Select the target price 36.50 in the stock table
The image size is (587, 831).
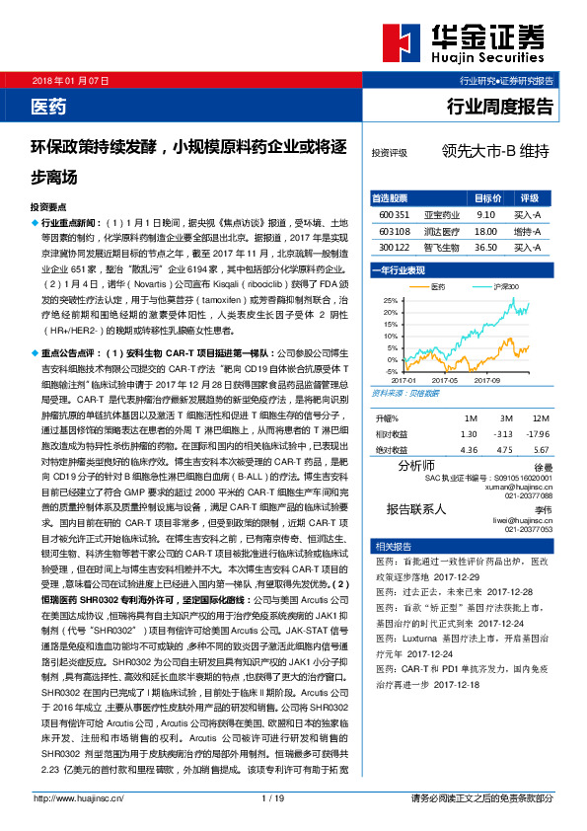click(x=485, y=249)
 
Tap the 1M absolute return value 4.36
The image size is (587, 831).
click(x=469, y=451)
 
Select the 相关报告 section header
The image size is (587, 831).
click(x=386, y=546)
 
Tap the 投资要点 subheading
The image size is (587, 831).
click(x=49, y=207)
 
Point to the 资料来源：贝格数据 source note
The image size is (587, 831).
click(x=404, y=392)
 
